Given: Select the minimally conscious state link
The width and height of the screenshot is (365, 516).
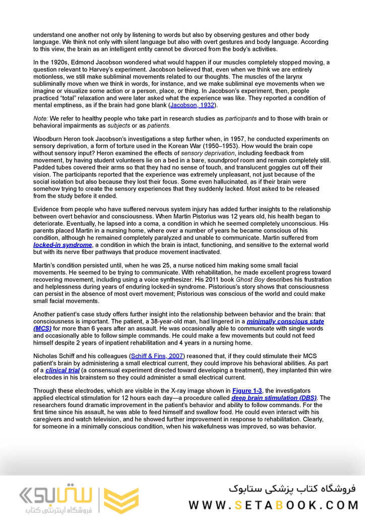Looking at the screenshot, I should (x=285, y=321).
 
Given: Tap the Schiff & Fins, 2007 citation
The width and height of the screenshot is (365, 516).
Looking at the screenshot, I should (x=157, y=356).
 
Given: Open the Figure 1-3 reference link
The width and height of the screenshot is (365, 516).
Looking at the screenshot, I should (x=247, y=391).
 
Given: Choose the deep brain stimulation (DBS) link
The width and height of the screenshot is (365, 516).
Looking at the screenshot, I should (x=274, y=398).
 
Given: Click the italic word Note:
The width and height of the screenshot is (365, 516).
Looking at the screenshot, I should (x=41, y=118).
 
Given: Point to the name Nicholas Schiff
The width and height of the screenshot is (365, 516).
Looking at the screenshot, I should (x=55, y=356).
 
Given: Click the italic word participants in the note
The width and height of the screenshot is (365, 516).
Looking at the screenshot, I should (x=240, y=118).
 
